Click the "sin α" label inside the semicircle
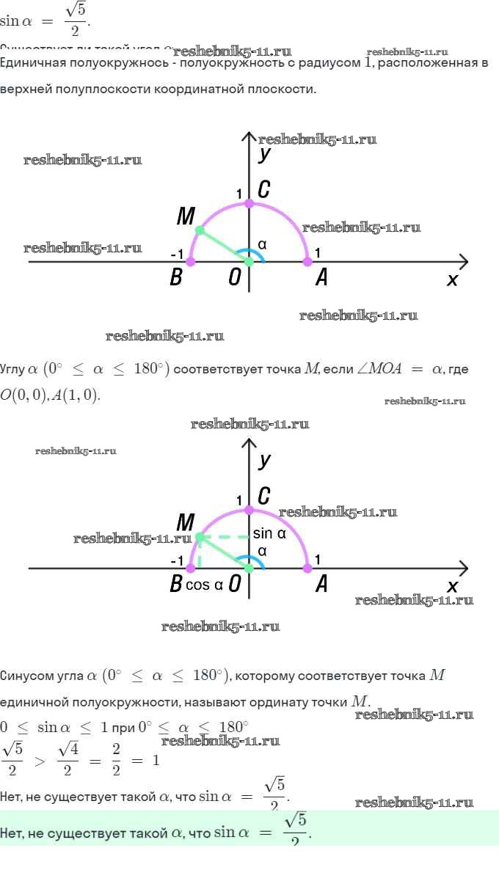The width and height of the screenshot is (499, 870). pos(269,533)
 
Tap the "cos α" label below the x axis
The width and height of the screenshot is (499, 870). pos(203,585)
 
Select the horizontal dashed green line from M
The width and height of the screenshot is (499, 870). pos(224,537)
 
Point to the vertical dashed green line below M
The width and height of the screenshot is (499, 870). pos(199,555)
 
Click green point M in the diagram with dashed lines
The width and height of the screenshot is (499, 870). pos(199,537)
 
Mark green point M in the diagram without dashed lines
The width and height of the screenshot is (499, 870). pos(199,230)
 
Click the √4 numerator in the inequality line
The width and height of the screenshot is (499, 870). pos(67,750)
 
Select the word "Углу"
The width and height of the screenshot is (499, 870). pos(12,369)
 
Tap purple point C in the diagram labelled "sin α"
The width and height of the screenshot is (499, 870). pos(249,509)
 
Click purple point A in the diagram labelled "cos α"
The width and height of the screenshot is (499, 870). pos(307,569)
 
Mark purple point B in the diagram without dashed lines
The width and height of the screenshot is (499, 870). pos(191,261)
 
